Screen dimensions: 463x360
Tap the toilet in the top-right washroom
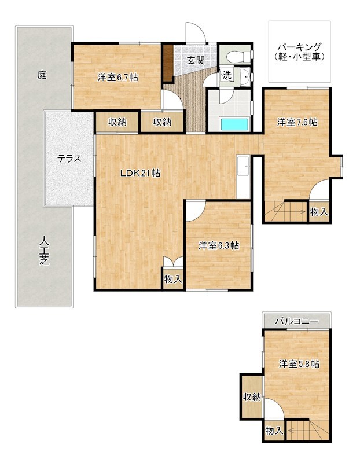pos(238,56)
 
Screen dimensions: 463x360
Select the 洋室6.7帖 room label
pos(117,76)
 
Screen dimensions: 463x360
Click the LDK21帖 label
pos(140,172)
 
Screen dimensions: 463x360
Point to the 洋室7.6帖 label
pos(296,122)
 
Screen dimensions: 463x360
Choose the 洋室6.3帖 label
pos(219,245)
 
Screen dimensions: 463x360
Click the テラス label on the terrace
pos(68,158)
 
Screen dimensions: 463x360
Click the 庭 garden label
pos(42,75)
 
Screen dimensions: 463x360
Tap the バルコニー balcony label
pos(297,320)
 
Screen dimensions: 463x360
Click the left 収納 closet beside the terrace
pos(117,122)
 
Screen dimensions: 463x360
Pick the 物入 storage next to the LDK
pos(173,279)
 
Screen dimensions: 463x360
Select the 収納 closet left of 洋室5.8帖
pos(252,396)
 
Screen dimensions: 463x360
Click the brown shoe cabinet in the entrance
pos(167,63)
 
